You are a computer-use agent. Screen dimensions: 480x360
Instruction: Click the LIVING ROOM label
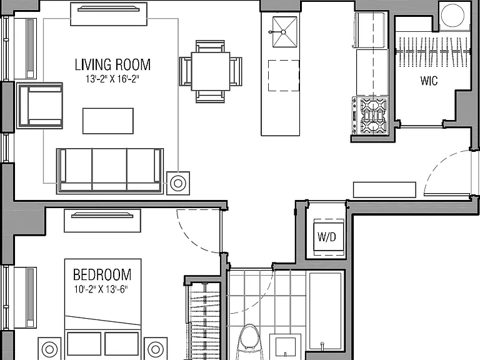112,64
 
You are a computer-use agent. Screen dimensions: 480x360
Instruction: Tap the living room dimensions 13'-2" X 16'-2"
112,79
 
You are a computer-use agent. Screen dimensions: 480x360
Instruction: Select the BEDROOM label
102,274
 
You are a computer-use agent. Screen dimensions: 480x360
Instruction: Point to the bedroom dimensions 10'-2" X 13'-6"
101,289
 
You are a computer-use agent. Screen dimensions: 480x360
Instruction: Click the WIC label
429,81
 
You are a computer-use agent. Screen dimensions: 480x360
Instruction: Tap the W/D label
327,237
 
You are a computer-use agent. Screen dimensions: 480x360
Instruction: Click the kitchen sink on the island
285,32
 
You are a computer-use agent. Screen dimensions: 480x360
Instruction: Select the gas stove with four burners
370,116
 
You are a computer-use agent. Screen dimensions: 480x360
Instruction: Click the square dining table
211,71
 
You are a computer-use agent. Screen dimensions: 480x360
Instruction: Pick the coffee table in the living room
108,121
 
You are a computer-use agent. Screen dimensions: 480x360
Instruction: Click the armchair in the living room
40,106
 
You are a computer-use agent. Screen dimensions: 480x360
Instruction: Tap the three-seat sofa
110,171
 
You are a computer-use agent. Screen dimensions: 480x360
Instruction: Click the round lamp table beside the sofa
178,183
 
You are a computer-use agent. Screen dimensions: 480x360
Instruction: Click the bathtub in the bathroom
326,311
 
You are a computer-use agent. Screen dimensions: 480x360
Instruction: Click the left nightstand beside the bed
49,349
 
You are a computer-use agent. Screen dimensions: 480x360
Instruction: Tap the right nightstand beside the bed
156,349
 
